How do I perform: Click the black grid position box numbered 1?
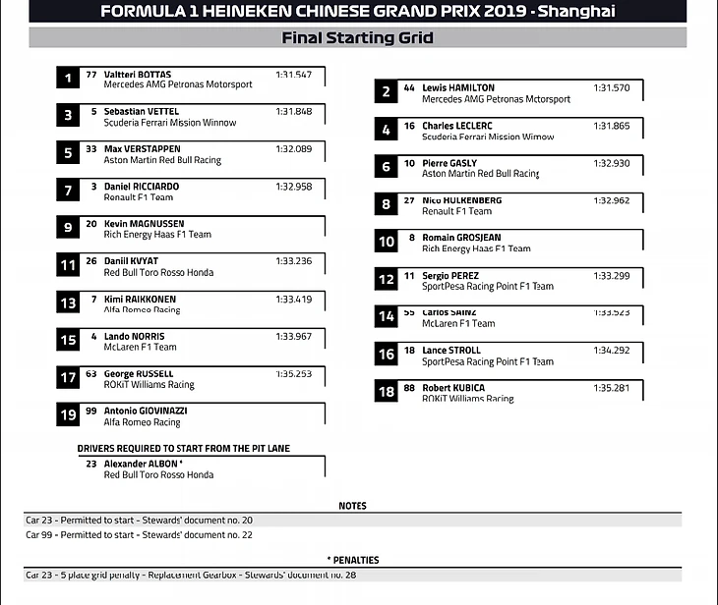68,79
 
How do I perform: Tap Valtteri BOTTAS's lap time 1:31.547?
293,75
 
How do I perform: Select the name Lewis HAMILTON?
458,88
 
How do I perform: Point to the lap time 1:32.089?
293,149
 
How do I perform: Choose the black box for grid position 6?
387,168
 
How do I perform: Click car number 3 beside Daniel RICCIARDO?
93,187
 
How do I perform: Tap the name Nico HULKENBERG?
461,200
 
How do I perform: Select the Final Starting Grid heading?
358,38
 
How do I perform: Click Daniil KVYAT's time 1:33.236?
293,261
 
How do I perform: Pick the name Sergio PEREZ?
450,276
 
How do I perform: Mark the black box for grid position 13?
68,303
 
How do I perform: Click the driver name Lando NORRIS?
135,336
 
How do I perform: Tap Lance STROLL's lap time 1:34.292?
611,351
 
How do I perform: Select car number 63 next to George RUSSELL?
91,373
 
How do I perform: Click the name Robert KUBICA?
453,388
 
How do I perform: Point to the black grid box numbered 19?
68,415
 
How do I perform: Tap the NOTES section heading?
352,506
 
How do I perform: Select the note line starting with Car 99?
139,534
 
